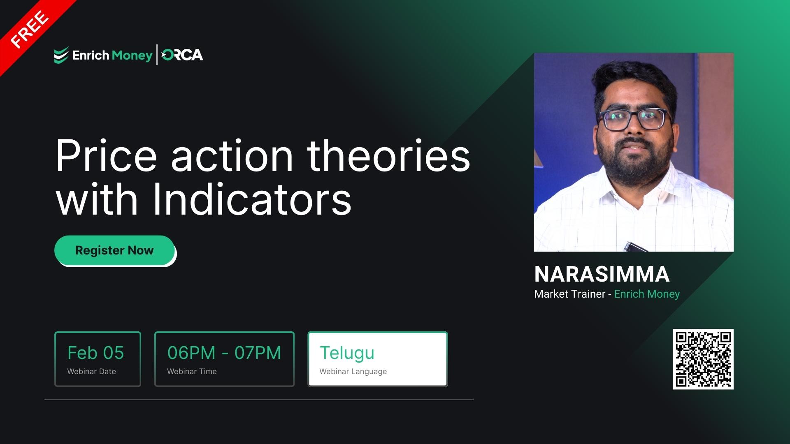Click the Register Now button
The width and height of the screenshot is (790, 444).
coord(114,250)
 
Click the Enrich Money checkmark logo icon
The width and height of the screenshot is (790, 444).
coord(61,55)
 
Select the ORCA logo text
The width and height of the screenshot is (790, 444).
coord(182,55)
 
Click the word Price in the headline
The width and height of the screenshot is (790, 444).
coord(106,156)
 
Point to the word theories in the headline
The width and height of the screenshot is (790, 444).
coord(388,156)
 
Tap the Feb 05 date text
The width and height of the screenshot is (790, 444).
coord(95,353)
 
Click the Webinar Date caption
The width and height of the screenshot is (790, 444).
coord(91,371)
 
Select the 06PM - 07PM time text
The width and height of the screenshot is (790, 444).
coord(224,353)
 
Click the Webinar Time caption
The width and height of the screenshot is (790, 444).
coord(192,371)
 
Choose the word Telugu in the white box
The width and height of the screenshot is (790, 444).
coord(347,353)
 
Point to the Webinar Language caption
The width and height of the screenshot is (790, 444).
coord(353,371)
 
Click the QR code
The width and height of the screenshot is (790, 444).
coord(703,359)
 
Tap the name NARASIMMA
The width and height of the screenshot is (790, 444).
coord(602,274)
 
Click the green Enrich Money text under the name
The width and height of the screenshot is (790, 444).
coord(647,294)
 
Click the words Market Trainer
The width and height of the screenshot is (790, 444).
coord(569,294)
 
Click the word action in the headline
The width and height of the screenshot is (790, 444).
coord(232,156)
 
